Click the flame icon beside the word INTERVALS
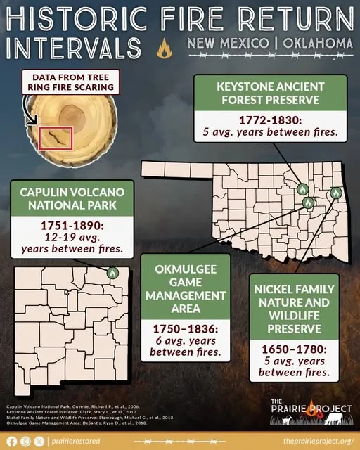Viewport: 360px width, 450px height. (164, 50)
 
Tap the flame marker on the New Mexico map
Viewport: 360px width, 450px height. (112, 272)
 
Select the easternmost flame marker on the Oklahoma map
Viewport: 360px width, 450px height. (335, 191)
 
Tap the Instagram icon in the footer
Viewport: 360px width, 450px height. (26, 441)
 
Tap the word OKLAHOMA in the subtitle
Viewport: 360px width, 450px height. (316, 44)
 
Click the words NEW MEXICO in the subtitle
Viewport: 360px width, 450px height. (227, 44)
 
